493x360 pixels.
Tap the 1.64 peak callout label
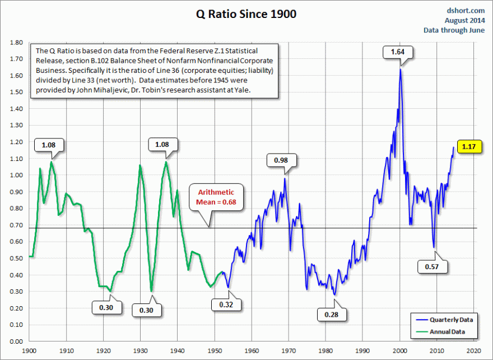[x=398, y=52]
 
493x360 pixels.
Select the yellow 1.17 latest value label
[x=468, y=147]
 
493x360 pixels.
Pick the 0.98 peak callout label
[x=281, y=160]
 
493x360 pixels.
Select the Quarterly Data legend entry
[x=451, y=320]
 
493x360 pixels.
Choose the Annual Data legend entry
[x=447, y=331]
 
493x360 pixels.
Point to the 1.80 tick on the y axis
[x=16, y=43]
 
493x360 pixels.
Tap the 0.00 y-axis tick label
[x=16, y=341]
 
